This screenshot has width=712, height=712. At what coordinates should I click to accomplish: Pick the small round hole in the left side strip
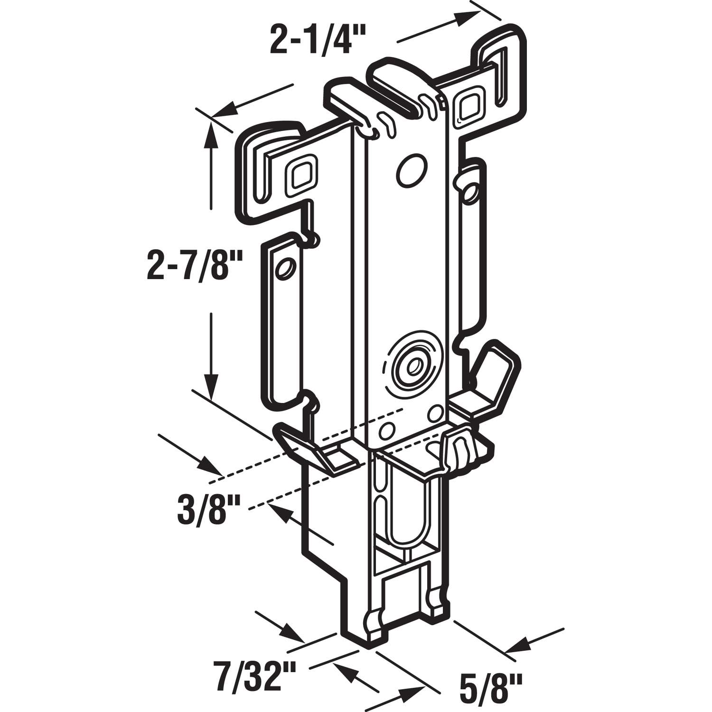click(x=286, y=269)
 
